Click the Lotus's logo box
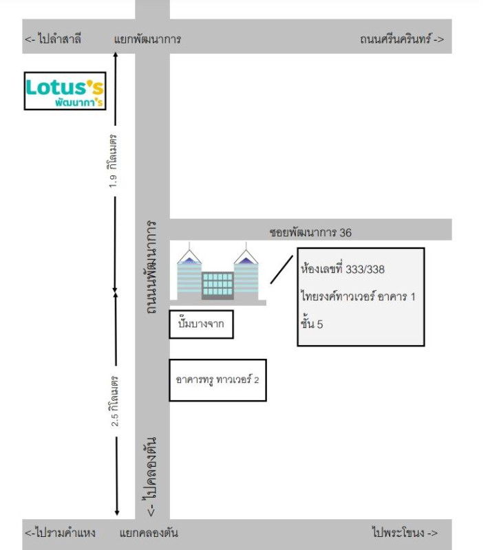point(65,91)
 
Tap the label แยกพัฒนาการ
point(147,38)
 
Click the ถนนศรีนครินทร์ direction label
point(402,38)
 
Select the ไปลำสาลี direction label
point(53,38)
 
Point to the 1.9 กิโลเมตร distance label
point(113,161)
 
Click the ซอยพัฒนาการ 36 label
point(310,232)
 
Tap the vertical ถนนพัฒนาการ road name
point(151,267)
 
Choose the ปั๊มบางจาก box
point(201,324)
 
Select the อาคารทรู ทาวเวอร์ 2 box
point(218,380)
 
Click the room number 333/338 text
point(343,269)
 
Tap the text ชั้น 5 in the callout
point(312,324)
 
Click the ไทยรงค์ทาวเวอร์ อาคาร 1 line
point(358,296)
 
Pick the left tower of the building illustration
point(189,277)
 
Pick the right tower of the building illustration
point(246,277)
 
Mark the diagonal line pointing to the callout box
point(282,269)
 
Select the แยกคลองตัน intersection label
point(149,533)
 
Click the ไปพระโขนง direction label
point(405,533)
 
